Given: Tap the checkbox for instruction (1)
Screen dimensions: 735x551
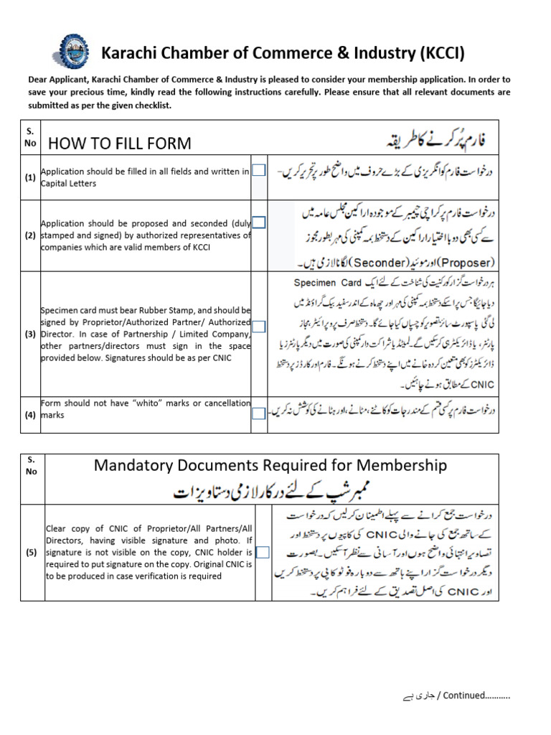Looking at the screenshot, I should pos(258,171).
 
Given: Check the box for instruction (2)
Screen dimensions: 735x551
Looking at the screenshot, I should pos(258,223).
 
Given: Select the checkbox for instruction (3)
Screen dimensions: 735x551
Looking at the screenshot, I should pos(258,327).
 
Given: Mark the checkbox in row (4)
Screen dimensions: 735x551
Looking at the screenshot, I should pos(258,413).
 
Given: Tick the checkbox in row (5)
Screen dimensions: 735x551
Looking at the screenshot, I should pos(262,552).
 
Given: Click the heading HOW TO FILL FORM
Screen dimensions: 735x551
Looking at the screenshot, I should pos(120,143).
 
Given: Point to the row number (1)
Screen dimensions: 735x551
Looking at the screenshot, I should pos(31,177).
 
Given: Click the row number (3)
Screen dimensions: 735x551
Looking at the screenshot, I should pos(31,334).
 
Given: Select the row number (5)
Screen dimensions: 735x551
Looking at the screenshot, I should pos(31,552).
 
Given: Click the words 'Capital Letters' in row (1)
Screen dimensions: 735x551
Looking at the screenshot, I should pos(69,183).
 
